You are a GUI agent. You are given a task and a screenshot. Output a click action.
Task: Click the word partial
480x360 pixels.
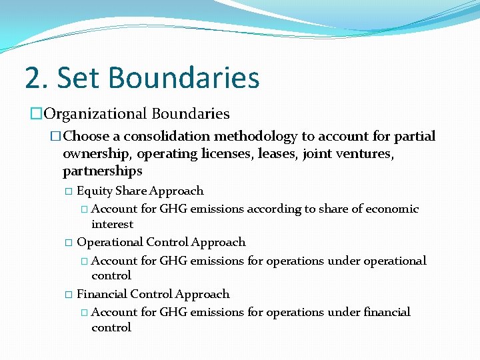415,137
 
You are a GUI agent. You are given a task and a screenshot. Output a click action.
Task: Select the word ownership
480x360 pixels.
93,154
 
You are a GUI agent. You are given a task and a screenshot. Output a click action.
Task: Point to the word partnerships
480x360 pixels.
102,171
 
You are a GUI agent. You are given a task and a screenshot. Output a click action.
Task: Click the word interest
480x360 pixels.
112,224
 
